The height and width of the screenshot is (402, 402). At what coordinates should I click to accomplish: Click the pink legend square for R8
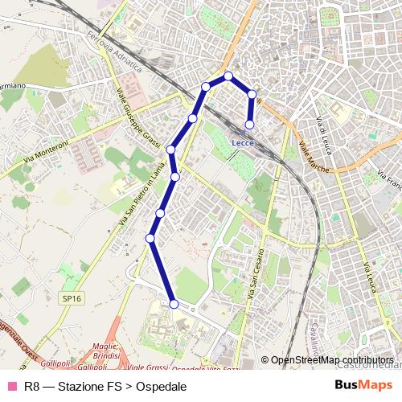11,386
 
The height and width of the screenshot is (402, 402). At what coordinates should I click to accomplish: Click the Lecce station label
243,142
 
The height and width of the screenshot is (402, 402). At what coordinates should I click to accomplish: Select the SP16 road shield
72,298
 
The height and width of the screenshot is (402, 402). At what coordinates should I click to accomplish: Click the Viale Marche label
314,157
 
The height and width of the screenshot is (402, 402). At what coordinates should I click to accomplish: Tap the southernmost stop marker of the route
174,303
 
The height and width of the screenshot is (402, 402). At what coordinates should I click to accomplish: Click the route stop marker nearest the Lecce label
250,124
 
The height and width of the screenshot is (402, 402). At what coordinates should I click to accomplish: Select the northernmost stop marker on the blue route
228,76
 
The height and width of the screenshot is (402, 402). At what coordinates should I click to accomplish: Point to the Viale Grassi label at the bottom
148,368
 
